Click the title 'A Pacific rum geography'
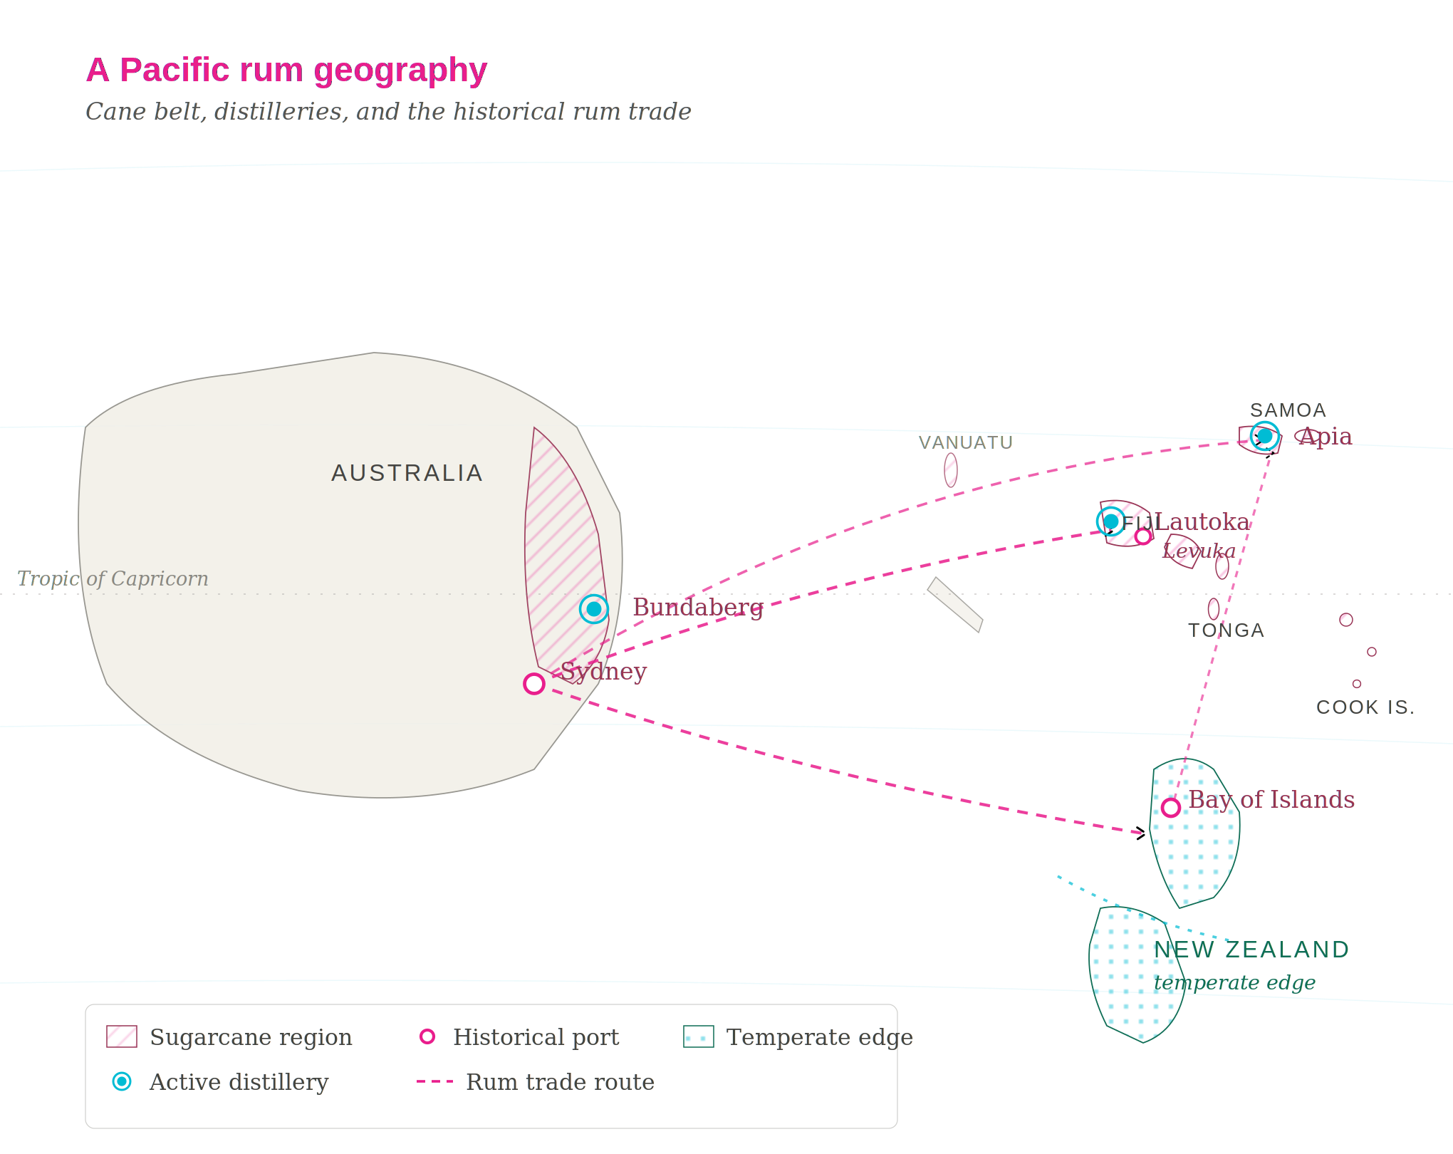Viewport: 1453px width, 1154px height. point(286,70)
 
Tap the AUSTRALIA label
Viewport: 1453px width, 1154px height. point(407,473)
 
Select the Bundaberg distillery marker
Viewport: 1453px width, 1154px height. point(593,609)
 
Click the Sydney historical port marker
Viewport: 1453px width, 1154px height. point(534,684)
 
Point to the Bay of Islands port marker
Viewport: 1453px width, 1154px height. point(1170,808)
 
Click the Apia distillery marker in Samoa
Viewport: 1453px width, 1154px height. point(1264,435)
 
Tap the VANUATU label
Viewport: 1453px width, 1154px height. point(965,442)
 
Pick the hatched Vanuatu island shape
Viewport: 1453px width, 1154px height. point(951,470)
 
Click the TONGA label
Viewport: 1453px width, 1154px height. point(1226,630)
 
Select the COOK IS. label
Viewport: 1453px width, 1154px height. point(1365,707)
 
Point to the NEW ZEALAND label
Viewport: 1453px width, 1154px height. point(1251,950)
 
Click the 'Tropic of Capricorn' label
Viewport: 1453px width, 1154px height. point(113,578)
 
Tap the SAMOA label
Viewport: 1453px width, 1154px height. point(1288,410)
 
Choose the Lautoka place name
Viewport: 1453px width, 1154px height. point(1202,521)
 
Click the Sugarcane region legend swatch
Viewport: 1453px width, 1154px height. point(122,1036)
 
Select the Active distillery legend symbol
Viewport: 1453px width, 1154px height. point(122,1081)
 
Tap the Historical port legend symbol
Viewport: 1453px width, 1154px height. point(427,1036)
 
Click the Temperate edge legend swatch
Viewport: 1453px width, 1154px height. point(698,1036)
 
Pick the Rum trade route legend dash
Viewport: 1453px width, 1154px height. point(434,1081)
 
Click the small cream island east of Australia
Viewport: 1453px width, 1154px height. point(955,605)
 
